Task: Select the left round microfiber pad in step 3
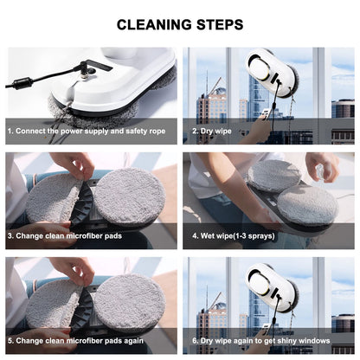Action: pyautogui.click(x=53, y=196)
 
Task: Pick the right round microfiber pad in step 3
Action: pyautogui.click(x=128, y=195)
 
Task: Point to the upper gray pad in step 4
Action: pyautogui.click(x=274, y=175)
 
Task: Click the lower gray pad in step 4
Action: pyautogui.click(x=307, y=205)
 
